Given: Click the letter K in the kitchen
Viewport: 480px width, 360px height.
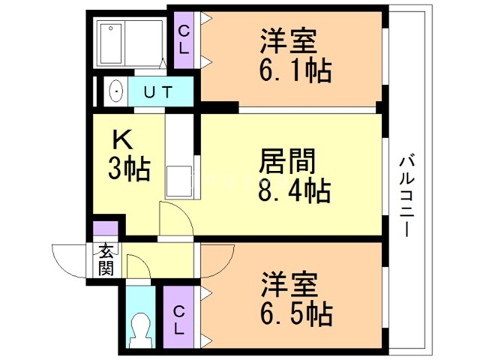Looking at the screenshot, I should (122, 139).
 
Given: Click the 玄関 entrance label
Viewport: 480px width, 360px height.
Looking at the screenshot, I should (103, 259).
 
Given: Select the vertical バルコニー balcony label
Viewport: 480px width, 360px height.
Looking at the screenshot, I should (407, 195).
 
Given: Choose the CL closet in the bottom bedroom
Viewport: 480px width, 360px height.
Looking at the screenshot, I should (179, 319).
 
